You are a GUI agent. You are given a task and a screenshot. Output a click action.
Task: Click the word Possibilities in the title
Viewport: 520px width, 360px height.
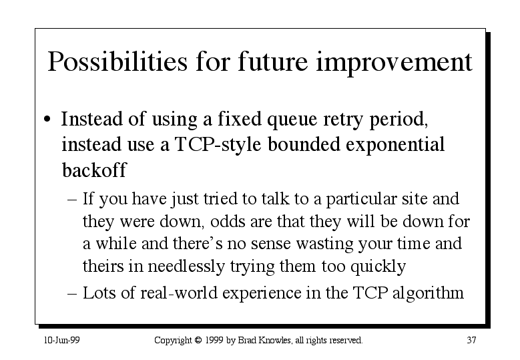point(117,62)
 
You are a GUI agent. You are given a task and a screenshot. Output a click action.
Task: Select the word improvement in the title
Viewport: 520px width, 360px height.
point(395,62)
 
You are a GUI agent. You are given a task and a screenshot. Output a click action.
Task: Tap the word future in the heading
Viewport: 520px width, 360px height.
point(273,61)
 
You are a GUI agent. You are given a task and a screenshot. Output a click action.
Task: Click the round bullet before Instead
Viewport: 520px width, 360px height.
point(47,119)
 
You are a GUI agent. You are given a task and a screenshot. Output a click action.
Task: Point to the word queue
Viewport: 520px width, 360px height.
point(292,120)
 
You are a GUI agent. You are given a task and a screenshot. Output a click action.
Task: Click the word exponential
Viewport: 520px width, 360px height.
point(395,145)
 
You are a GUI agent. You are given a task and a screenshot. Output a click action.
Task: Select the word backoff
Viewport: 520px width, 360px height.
point(94,170)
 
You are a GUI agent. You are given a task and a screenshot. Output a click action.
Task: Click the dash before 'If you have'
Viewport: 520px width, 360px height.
point(72,200)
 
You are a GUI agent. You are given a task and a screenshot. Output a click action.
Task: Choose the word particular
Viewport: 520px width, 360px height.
point(361,200)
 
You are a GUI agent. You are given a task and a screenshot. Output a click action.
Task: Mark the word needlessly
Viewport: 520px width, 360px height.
point(186,266)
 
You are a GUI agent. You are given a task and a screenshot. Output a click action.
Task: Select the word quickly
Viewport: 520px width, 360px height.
point(378,266)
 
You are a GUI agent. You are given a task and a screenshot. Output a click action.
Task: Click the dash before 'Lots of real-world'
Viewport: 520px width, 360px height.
point(72,294)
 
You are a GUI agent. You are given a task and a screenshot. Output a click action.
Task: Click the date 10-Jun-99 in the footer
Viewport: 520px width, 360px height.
point(62,340)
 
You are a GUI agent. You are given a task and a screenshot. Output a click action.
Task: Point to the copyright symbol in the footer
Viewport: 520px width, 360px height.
point(198,340)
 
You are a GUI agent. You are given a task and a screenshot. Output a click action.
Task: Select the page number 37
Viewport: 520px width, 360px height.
point(471,340)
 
